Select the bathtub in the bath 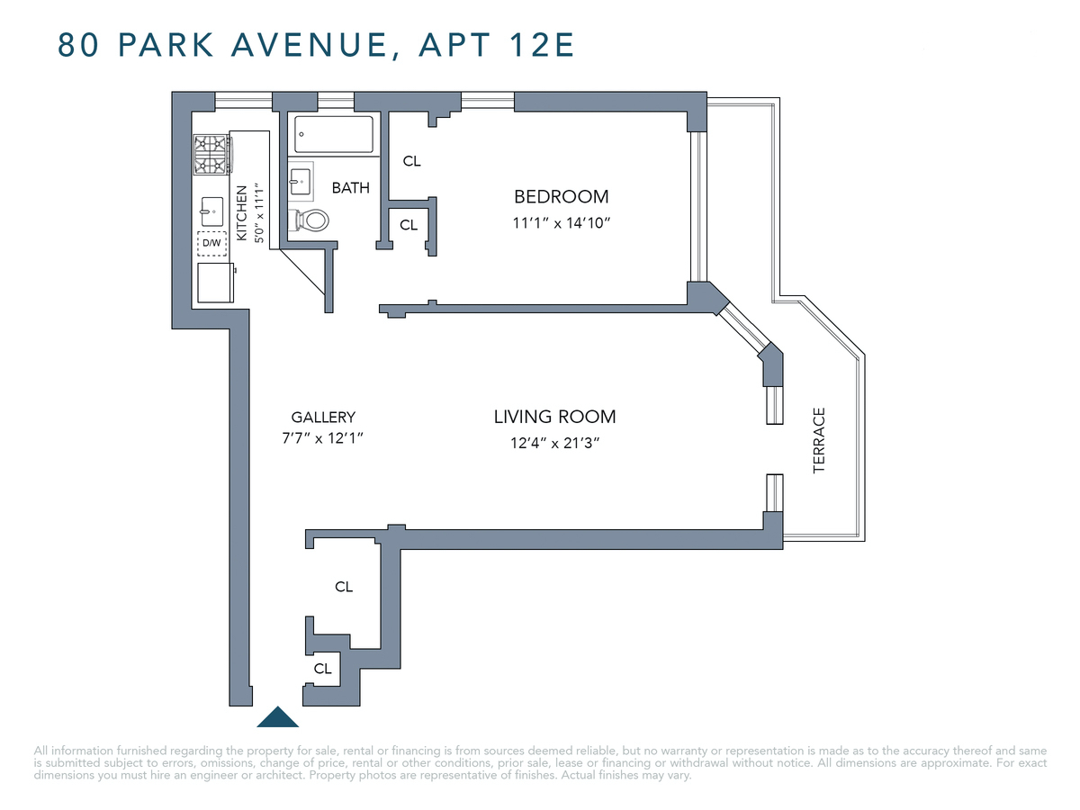click(333, 135)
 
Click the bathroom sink click(301, 181)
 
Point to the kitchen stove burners click(211, 153)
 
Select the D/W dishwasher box click(211, 243)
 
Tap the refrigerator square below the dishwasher click(215, 282)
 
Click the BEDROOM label click(561, 196)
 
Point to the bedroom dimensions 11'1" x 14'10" click(562, 222)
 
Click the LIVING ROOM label click(554, 417)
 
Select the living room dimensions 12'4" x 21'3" click(554, 443)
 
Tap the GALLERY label click(323, 417)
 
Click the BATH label click(350, 188)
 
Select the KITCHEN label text click(241, 213)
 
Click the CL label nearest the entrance click(322, 669)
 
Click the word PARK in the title click(163, 45)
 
